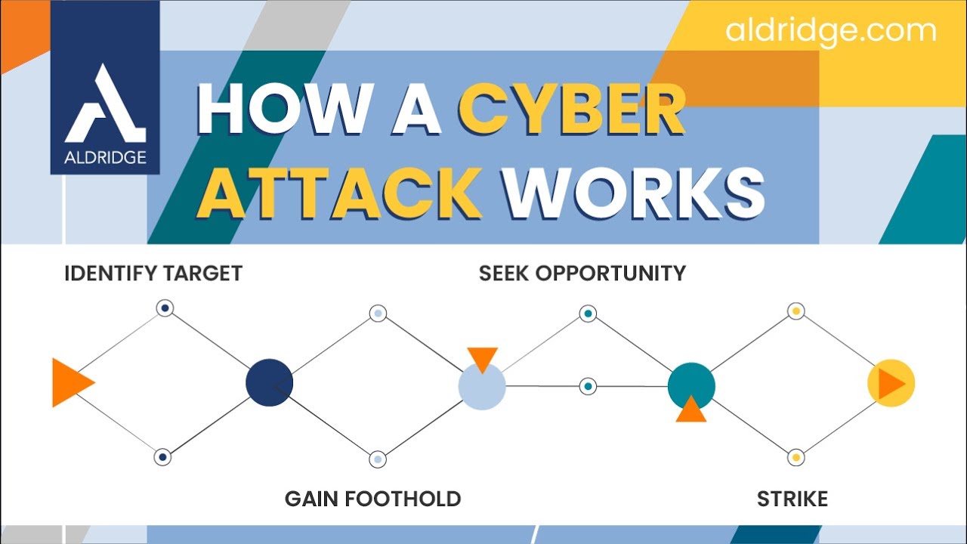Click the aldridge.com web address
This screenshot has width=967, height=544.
pyautogui.click(x=831, y=31)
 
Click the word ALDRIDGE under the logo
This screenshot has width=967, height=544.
pyautogui.click(x=105, y=158)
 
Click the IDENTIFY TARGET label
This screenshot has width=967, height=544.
pyautogui.click(x=153, y=273)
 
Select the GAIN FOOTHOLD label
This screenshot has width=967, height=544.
pyautogui.click(x=372, y=499)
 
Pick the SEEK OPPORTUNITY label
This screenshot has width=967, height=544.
pyautogui.click(x=582, y=273)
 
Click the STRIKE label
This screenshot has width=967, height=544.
pyautogui.click(x=792, y=499)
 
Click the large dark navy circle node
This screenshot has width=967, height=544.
pyautogui.click(x=269, y=383)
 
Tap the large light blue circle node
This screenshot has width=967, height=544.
pyautogui.click(x=481, y=387)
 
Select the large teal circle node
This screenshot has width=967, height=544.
pyautogui.click(x=691, y=385)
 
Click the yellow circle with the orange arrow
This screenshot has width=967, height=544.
pyautogui.click(x=891, y=384)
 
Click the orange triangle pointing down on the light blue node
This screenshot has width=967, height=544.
pyautogui.click(x=482, y=358)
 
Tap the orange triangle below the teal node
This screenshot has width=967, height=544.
pyautogui.click(x=690, y=410)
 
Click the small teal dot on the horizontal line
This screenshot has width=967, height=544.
pyautogui.click(x=588, y=386)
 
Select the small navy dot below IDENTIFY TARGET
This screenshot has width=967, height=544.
pyautogui.click(x=165, y=308)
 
